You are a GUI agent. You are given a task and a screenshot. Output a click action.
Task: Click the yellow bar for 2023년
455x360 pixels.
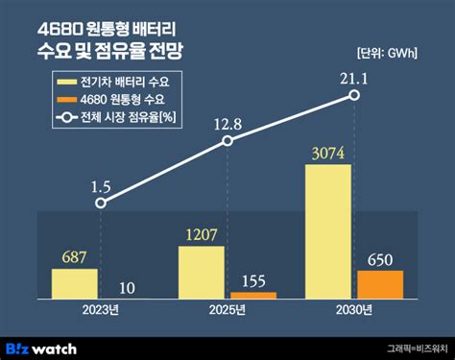click(74, 283)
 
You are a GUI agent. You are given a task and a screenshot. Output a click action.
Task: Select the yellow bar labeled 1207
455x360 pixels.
click(202, 271)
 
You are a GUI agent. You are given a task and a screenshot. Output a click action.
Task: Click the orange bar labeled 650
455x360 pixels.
click(380, 284)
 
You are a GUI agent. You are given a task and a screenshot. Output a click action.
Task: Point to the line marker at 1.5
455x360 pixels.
click(101, 203)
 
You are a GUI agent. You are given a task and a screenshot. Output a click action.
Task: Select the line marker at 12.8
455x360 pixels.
click(227, 141)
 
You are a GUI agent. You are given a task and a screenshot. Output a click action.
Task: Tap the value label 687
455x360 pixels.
click(73, 257)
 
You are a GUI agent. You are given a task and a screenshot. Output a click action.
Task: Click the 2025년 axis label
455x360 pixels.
click(227, 310)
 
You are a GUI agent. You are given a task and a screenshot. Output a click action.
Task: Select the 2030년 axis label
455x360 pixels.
click(354, 310)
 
